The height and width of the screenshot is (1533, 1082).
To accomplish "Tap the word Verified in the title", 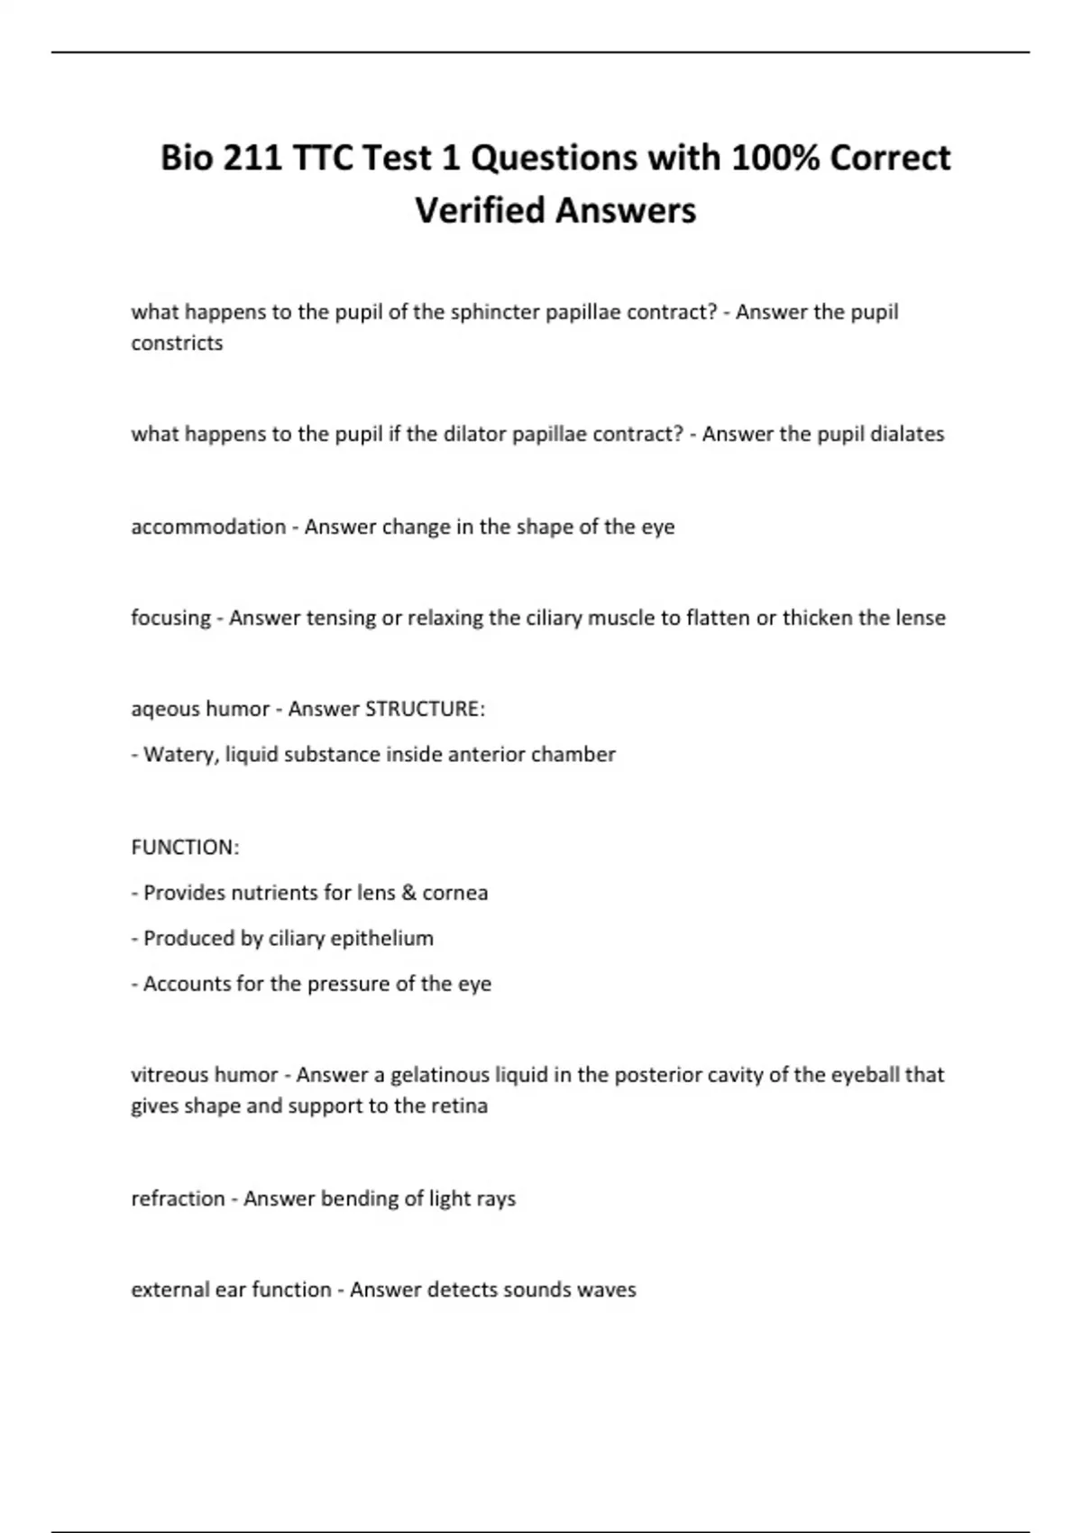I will (x=479, y=210).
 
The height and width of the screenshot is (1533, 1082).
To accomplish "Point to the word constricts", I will (x=177, y=343).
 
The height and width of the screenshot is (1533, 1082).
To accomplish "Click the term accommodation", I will (x=208, y=527).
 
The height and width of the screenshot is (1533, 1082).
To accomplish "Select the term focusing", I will (x=170, y=618).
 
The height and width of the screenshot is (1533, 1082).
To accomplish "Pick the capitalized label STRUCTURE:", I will (x=425, y=709).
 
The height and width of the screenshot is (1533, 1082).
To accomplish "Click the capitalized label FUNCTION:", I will (x=185, y=848).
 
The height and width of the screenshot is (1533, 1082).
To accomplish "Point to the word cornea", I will (x=455, y=893).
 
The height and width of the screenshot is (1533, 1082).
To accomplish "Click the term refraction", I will (x=178, y=1198).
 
